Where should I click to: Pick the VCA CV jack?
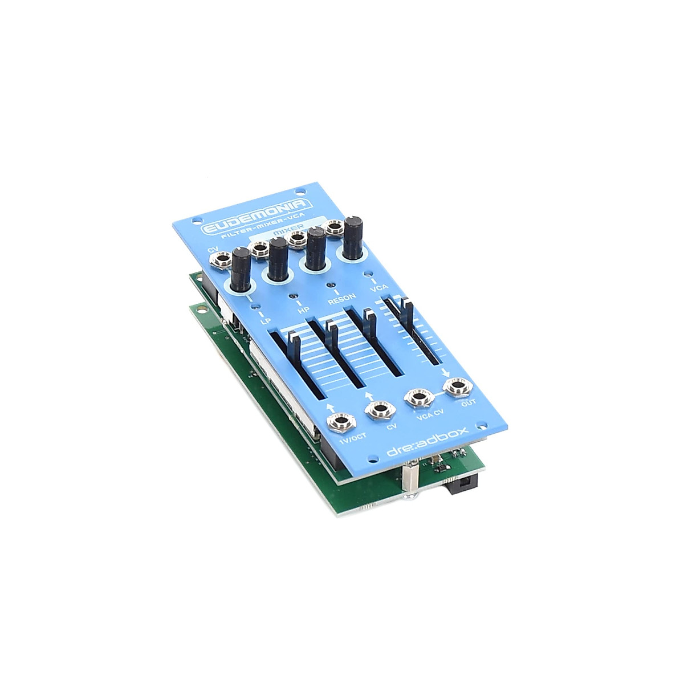coord(418,398)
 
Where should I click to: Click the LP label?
coord(264,322)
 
